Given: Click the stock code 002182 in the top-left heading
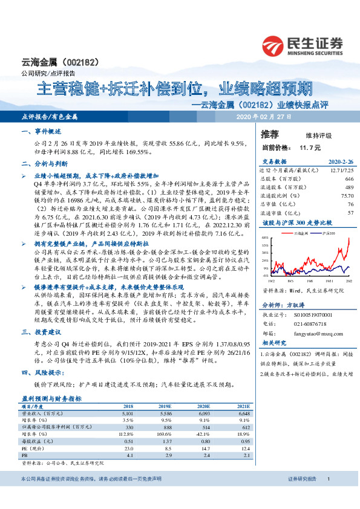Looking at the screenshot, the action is pos(78,62).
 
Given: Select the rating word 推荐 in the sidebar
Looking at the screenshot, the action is pos(270,134).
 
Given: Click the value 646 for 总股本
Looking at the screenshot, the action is pos(349,180).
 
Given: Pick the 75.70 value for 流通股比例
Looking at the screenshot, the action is pos(347,196).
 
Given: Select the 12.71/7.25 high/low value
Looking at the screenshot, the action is pos(341,171).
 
